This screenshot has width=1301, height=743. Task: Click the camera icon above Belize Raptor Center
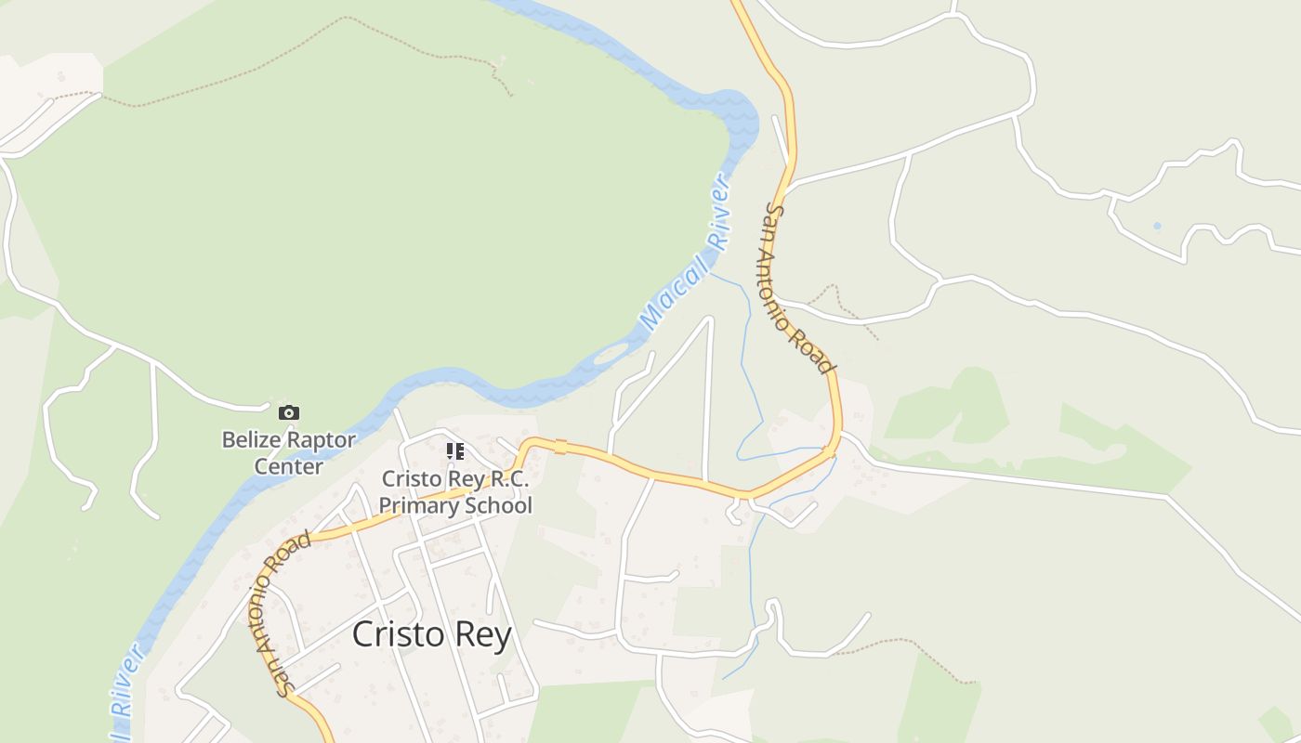pyautogui.click(x=289, y=412)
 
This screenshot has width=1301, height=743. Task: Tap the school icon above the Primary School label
pyautogui.click(x=455, y=451)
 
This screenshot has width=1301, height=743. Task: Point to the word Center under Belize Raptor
pyautogui.click(x=288, y=466)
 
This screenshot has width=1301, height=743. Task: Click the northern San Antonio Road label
pyautogui.click(x=797, y=288)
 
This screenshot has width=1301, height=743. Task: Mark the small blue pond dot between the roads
pyautogui.click(x=1157, y=226)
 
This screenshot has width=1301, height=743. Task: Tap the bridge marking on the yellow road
pyautogui.click(x=560, y=447)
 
